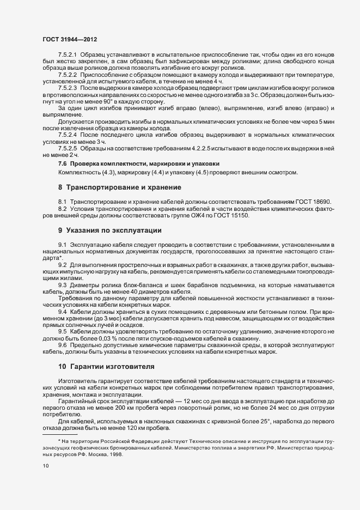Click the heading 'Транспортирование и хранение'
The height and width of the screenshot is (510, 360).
pos(127,187)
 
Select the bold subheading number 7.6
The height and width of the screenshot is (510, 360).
pos(62,163)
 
